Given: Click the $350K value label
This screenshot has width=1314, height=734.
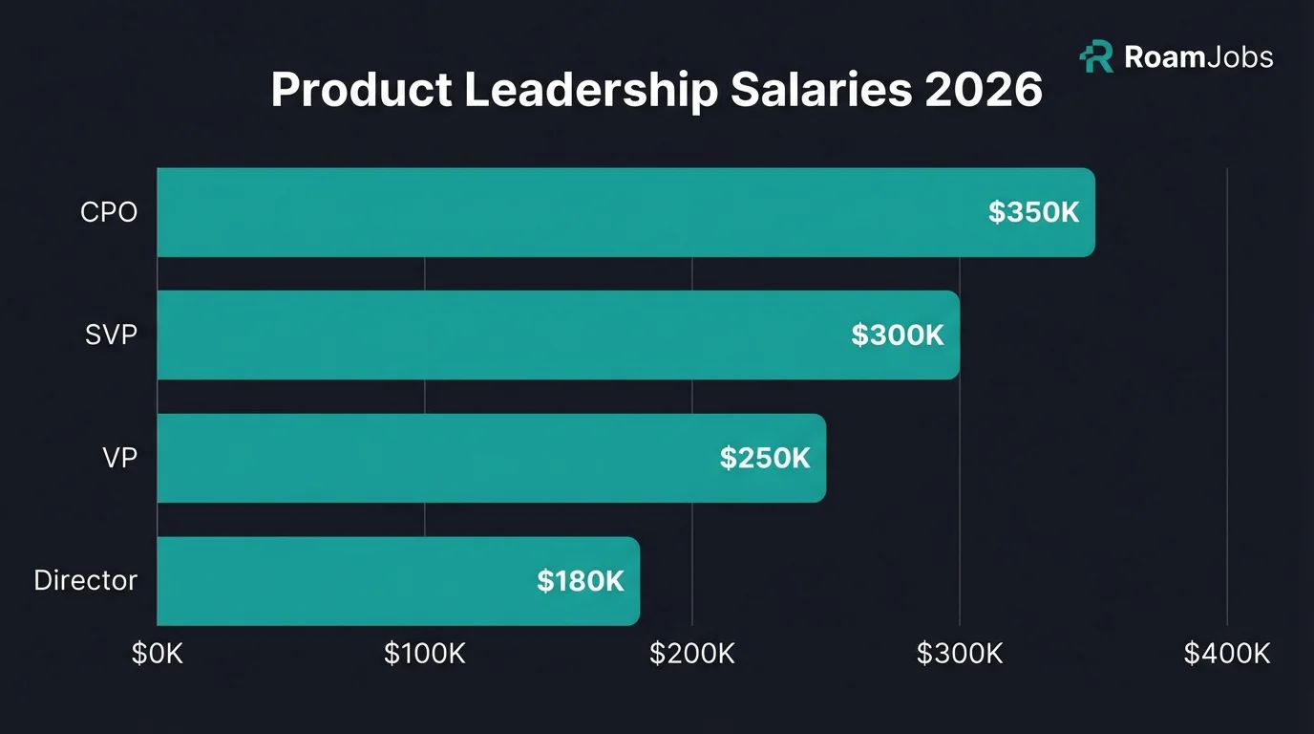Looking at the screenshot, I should (1033, 212).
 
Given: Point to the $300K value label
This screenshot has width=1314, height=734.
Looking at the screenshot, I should (898, 335).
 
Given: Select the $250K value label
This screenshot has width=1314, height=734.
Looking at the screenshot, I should (765, 458).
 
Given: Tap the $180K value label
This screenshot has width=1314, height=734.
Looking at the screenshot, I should (580, 581).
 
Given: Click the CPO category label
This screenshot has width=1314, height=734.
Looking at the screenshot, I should (109, 212).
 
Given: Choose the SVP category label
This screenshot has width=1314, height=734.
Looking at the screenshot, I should (111, 335).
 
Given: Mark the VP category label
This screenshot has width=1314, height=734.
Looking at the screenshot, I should (119, 458).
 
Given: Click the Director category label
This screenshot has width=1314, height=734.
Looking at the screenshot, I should (85, 580).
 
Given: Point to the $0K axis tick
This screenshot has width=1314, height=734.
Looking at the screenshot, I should (158, 654).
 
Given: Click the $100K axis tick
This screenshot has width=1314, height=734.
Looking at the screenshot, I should (425, 654).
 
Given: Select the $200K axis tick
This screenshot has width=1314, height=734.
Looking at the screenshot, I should (692, 654).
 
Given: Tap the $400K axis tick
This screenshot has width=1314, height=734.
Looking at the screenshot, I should (1227, 654).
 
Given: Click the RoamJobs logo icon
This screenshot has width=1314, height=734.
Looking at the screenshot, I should (1096, 57).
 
